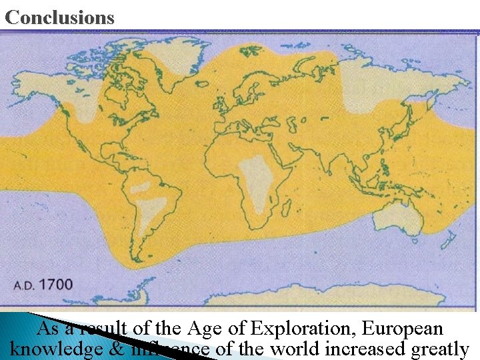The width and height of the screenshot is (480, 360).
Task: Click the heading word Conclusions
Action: (59, 17)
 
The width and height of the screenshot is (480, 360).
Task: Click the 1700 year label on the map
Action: (57, 285)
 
